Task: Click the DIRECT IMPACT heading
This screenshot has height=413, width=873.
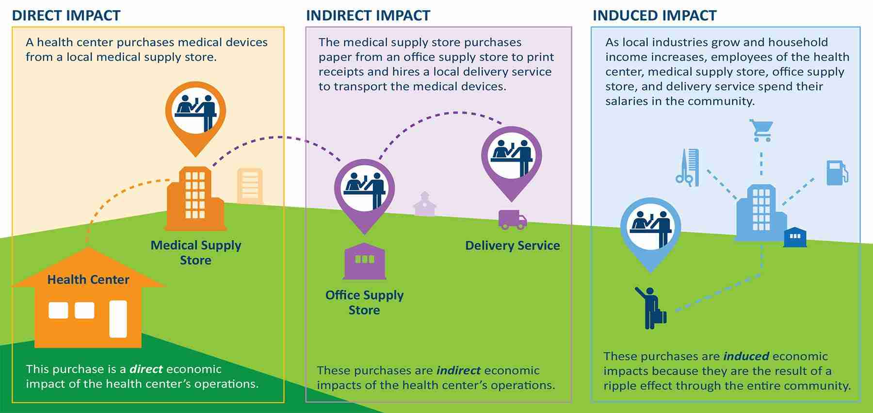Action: coord(66,16)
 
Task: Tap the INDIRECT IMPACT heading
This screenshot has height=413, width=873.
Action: coord(368,16)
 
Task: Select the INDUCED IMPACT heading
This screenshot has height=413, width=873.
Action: coord(654,16)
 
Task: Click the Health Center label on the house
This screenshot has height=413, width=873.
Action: coord(88,280)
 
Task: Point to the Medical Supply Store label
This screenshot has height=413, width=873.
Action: coord(196,252)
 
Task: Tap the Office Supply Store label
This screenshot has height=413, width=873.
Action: coord(364,302)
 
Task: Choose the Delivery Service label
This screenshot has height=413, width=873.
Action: coord(512,246)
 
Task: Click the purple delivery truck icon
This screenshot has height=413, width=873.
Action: coord(512,219)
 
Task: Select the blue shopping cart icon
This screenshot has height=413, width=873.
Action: coord(760,130)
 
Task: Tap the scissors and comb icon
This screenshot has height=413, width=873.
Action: coord(688,167)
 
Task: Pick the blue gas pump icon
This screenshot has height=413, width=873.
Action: coord(837,173)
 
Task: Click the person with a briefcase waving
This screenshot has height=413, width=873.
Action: coord(650,307)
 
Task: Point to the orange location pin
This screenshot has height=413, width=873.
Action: coord(195,114)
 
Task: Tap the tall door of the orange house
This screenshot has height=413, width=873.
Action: coord(118,318)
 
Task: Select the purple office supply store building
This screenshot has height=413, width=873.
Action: coord(364,262)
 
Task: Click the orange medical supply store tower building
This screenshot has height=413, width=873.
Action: coord(195,199)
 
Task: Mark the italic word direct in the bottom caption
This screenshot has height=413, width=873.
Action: coord(146,369)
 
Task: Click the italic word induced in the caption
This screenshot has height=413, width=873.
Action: coord(746,356)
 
